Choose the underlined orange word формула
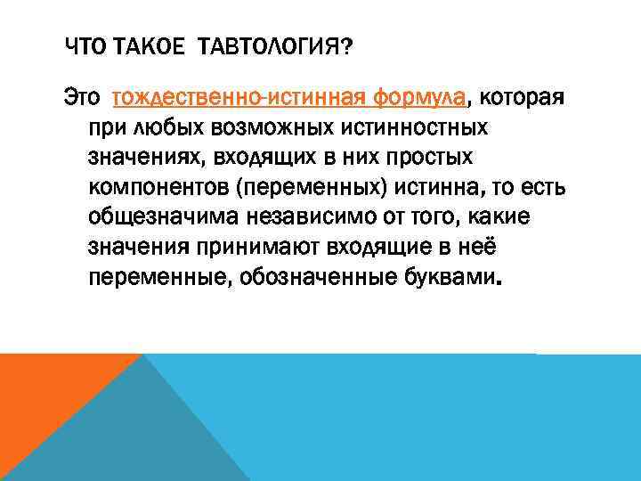tap(419, 96)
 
